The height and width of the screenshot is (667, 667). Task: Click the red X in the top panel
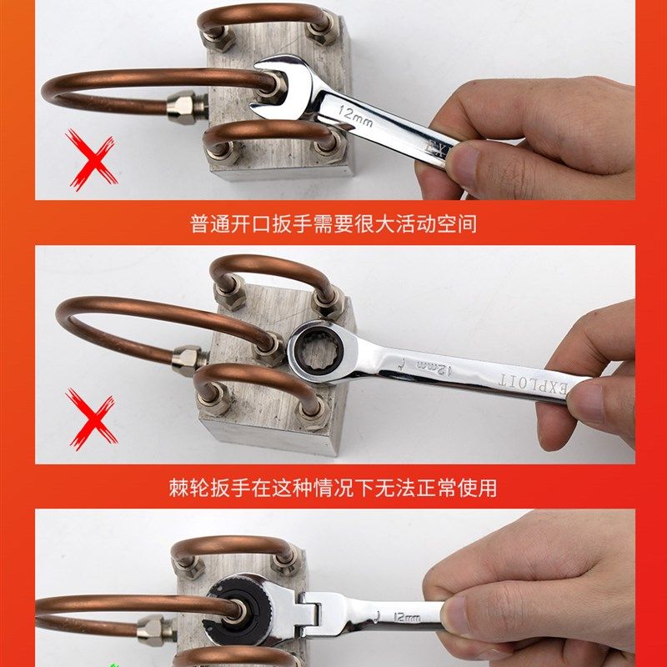91,160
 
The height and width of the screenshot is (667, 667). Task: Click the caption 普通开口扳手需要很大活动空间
333,224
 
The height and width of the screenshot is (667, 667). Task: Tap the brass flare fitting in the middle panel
188,361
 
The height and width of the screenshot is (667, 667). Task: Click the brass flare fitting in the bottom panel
153,625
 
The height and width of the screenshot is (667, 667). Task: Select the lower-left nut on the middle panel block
215,404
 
